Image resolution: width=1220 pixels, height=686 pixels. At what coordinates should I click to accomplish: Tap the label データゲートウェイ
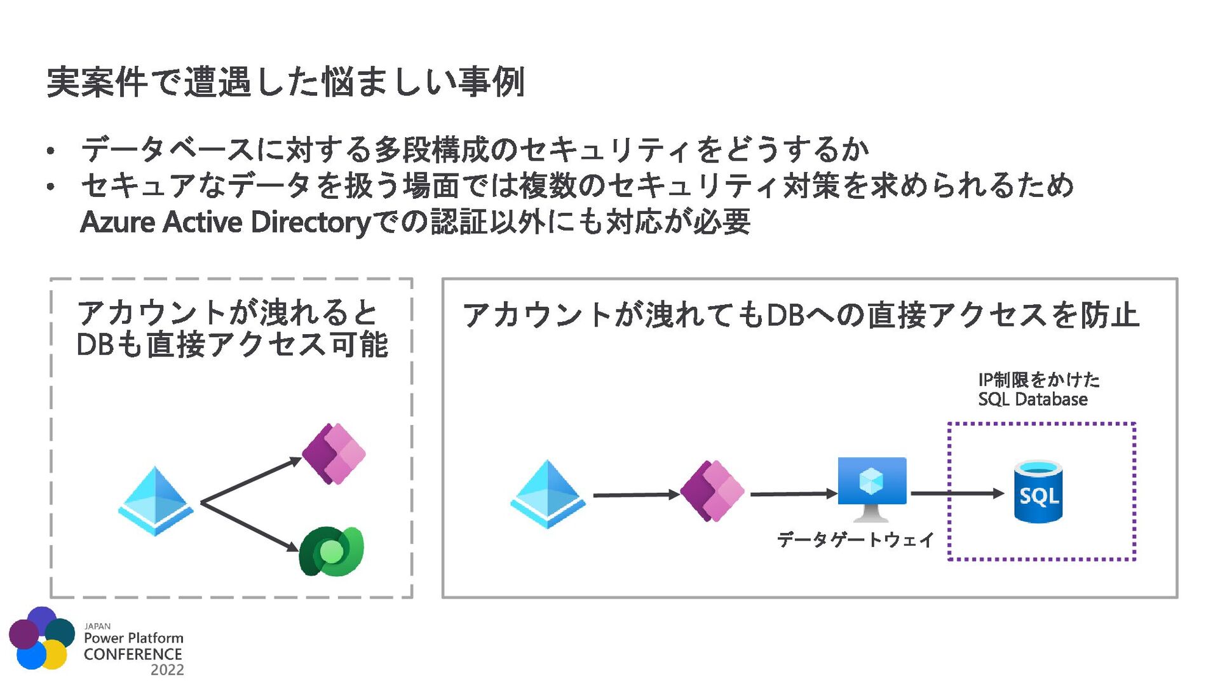tap(855, 540)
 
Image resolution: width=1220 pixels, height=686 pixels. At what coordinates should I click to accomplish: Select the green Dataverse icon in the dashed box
tap(331, 551)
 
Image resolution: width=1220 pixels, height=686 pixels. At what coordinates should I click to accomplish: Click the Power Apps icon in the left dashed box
tap(334, 454)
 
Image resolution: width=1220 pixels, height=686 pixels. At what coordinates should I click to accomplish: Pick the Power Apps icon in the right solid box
tap(712, 491)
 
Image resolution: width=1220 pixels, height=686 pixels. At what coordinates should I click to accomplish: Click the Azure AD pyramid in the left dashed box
tap(156, 501)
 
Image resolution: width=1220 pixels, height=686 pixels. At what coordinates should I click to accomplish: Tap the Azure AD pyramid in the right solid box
tap(548, 494)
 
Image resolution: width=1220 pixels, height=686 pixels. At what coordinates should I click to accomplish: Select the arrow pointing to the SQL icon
tap(957, 493)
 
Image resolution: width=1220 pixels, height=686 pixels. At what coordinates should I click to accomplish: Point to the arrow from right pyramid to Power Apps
tap(635, 494)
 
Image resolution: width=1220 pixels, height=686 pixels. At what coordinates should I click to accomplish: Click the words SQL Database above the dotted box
tap(1033, 400)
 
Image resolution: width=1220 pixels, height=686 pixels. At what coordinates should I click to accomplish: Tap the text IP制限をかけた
tap(1039, 380)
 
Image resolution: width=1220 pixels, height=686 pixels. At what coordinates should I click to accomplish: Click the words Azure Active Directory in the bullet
tap(225, 222)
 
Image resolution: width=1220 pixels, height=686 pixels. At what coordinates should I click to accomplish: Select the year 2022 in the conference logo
tap(167, 670)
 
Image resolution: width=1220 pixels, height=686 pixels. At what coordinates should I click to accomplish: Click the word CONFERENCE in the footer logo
tap(133, 654)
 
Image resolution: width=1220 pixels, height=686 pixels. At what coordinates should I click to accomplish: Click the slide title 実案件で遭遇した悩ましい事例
tap(285, 82)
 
